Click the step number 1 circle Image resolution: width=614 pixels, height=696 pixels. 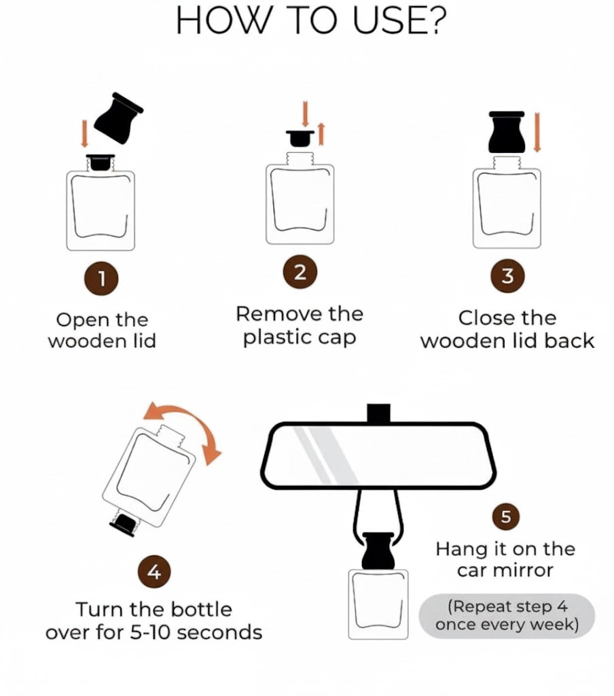pyautogui.click(x=102, y=278)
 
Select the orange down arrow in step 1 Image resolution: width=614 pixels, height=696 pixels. pyautogui.click(x=84, y=134)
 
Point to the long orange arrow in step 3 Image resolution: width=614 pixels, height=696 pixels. pyautogui.click(x=537, y=133)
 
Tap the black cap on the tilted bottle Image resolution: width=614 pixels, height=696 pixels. pyautogui.click(x=124, y=523)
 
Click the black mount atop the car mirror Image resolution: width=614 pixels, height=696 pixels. pyautogui.click(x=378, y=413)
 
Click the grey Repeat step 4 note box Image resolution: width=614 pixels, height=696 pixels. pyautogui.click(x=507, y=615)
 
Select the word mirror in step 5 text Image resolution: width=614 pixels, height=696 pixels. pyautogui.click(x=526, y=570)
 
